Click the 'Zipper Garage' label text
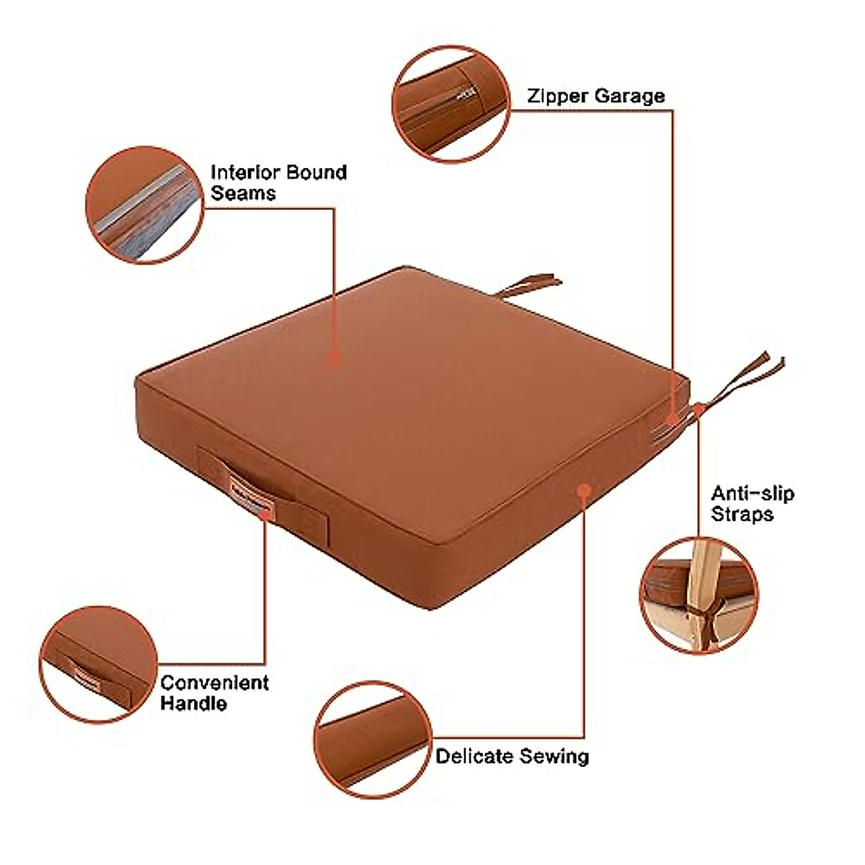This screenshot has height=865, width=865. [x=595, y=97]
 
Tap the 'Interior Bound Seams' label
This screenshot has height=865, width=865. [x=278, y=182]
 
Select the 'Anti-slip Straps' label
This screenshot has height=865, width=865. [x=752, y=504]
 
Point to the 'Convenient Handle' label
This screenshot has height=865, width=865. [x=214, y=693]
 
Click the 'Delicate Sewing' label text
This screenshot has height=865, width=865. [x=512, y=756]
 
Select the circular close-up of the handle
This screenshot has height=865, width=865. [x=98, y=665]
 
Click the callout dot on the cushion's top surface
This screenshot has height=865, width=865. [x=334, y=357]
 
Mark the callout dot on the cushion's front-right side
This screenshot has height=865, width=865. [x=584, y=490]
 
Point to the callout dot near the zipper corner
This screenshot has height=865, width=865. [x=672, y=419]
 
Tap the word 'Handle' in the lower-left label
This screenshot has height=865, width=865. [x=193, y=703]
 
